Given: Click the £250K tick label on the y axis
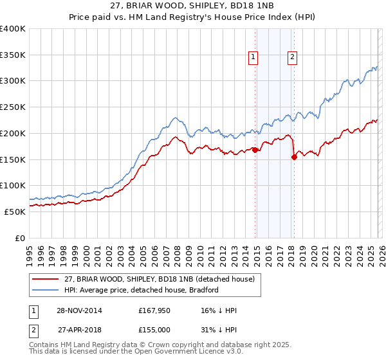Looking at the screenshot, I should [13, 107].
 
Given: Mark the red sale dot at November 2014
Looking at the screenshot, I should [255, 150].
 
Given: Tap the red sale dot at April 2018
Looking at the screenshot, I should [294, 156].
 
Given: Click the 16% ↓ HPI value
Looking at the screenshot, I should [219, 310].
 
